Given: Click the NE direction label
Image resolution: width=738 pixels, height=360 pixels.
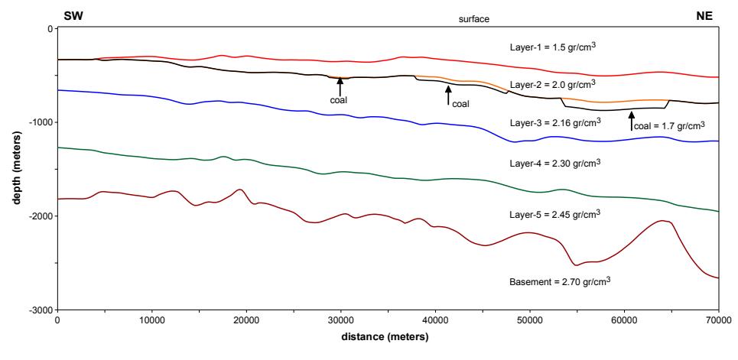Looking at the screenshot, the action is [x=704, y=17].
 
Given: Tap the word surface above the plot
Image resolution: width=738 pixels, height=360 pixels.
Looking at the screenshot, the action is [x=474, y=19].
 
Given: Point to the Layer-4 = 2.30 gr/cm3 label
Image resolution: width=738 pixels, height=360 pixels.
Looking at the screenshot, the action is [x=557, y=164].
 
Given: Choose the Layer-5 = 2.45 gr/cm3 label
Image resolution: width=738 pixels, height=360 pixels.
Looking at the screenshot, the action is [x=557, y=214].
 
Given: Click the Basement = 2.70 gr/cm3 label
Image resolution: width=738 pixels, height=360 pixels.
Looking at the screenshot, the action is [x=560, y=282].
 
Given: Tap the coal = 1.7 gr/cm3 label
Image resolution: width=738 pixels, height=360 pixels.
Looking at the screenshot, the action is [x=669, y=125].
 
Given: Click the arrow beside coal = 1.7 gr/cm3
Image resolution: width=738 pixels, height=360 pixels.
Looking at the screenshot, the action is [x=631, y=120].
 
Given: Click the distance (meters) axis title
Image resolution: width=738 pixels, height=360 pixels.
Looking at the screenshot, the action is [x=385, y=337].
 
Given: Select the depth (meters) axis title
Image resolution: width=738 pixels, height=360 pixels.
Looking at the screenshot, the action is [x=18, y=169].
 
